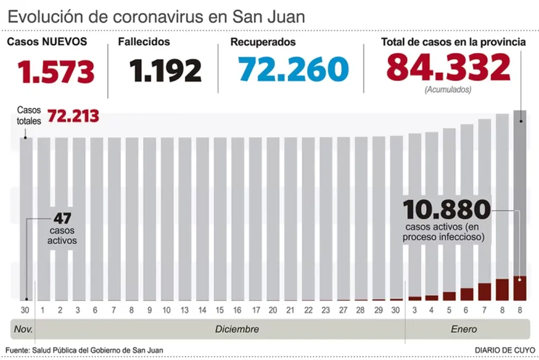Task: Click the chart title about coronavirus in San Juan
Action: pos(157,16)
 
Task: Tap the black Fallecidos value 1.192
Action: pos(165,71)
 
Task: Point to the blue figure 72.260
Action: pos(293,70)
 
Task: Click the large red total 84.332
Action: pos(448,68)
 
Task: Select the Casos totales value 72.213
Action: pos(73,116)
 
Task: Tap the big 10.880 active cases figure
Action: pos(447,209)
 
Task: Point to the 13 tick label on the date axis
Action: pos(185,310)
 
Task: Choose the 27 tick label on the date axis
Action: pos(343,310)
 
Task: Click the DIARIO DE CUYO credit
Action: pos(505,350)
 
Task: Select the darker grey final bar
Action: pos(520,194)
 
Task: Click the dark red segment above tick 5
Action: pos(449,296)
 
